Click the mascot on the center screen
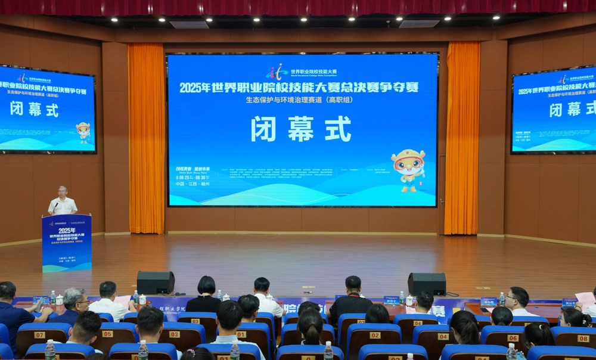coord(409,169)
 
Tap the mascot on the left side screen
coord(83,132)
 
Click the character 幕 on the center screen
coord(300,128)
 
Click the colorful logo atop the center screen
coord(277,72)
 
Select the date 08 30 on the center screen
coord(200,178)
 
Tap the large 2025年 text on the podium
coord(67,230)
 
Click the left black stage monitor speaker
coord(156,283)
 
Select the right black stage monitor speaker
coord(427,284)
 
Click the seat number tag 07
coord(39,334)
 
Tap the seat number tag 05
coord(107,334)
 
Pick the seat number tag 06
coord(513,337)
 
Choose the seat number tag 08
coord(583,338)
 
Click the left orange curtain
coord(146,137)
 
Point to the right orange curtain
coord(462,137)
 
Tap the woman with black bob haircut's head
coord(206,285)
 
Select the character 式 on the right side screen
coord(588,109)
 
